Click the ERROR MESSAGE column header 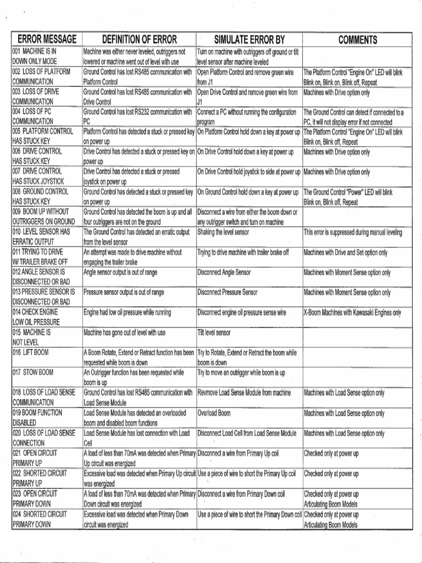46,40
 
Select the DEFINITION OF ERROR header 140,40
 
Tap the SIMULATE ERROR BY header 249,40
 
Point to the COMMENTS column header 357,40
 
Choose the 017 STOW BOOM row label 33,372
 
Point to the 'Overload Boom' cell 214,413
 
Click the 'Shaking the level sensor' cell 223,232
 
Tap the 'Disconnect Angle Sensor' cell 224,272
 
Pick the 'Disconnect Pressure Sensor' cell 227,292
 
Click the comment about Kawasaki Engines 352,312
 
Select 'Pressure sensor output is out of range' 124,292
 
